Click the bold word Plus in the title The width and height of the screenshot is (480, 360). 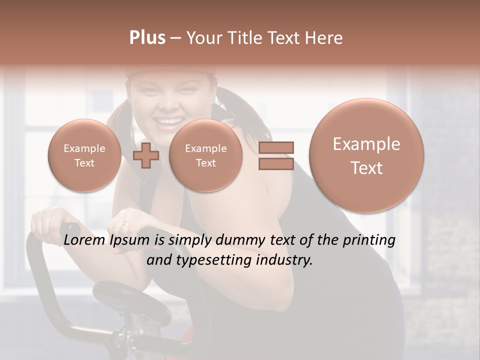coord(147,38)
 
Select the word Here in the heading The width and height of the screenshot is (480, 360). coord(325,38)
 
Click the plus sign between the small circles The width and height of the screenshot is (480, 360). coord(146,155)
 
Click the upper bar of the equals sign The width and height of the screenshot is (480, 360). coord(276,147)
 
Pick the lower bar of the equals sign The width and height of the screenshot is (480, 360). coord(276,163)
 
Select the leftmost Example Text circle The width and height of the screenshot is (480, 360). coord(84,155)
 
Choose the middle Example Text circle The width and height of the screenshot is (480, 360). coord(205,155)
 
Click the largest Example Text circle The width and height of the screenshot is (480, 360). coord(366,155)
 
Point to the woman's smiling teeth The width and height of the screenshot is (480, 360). coord(169,121)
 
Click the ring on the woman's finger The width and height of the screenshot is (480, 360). coord(125,224)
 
